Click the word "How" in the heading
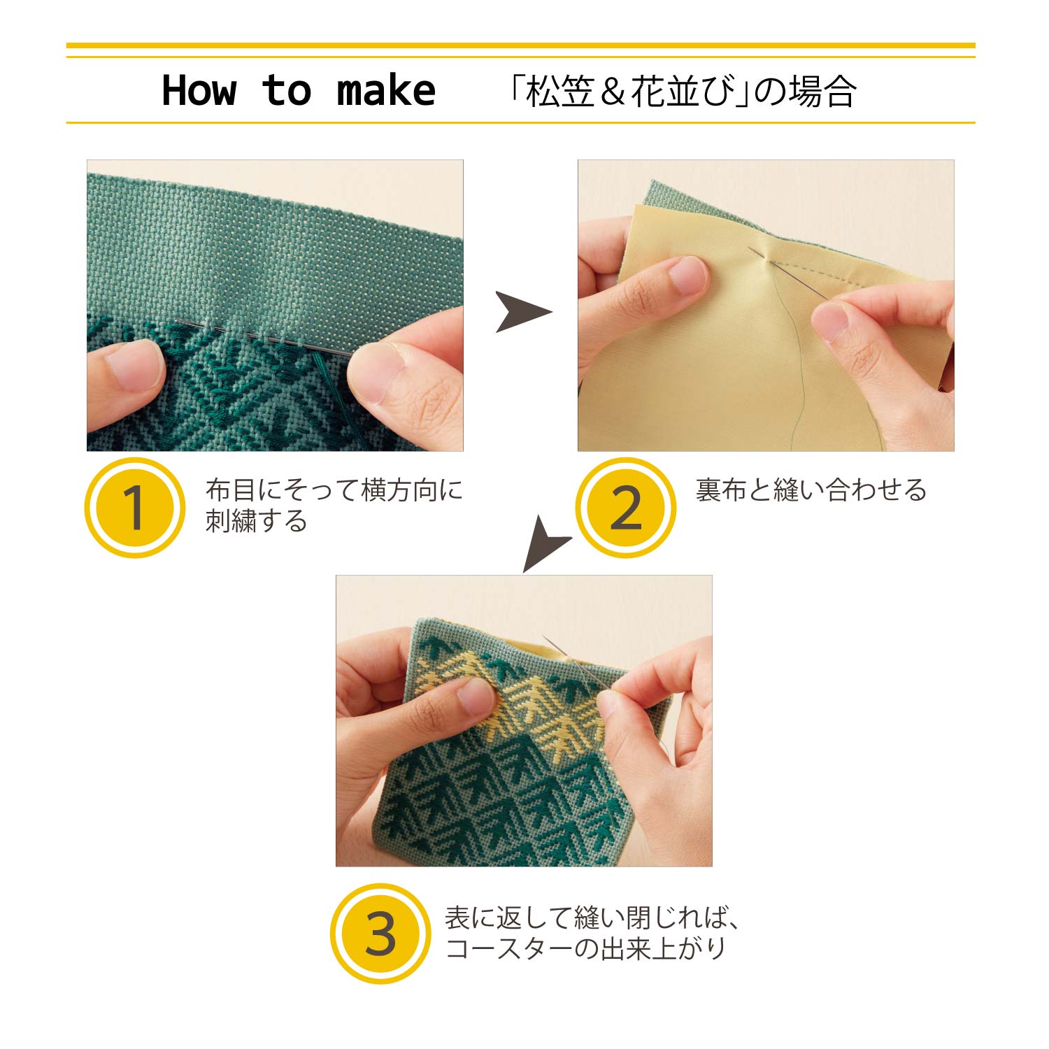click(199, 91)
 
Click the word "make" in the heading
click(386, 91)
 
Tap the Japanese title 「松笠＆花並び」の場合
click(682, 92)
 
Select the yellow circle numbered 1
click(134, 508)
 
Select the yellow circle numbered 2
click(625, 508)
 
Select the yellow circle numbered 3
click(380, 934)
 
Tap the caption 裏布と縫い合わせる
click(811, 490)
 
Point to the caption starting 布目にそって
click(334, 490)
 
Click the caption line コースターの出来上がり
click(585, 949)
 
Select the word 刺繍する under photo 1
click(256, 521)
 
